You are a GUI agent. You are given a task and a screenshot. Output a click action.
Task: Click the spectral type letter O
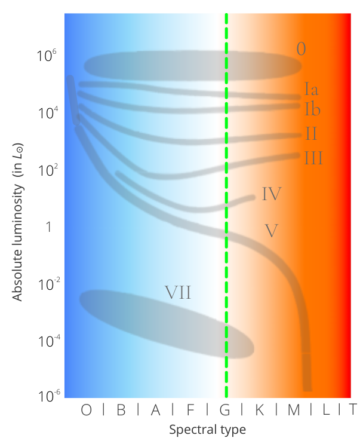[87, 410]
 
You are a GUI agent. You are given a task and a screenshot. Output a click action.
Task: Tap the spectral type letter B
[121, 410]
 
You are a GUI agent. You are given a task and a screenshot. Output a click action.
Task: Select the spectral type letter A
[155, 410]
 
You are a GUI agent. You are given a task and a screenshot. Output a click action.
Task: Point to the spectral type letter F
[190, 410]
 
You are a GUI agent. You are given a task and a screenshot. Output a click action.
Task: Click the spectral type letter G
[225, 410]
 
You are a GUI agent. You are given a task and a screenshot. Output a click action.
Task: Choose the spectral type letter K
[260, 410]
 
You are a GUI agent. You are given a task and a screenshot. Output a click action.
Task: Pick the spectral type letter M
[294, 410]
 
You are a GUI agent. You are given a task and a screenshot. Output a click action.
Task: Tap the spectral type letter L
[329, 410]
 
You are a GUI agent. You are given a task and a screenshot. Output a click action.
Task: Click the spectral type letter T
[353, 410]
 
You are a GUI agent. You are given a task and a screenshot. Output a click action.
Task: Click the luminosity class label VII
[178, 292]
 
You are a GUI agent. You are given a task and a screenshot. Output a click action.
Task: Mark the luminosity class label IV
[271, 194]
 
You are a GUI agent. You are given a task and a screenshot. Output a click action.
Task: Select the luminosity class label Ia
[311, 90]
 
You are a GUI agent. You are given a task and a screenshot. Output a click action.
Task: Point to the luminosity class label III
[313, 158]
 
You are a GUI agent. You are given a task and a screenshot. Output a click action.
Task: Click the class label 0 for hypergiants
[301, 49]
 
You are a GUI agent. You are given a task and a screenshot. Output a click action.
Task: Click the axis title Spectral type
[207, 430]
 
